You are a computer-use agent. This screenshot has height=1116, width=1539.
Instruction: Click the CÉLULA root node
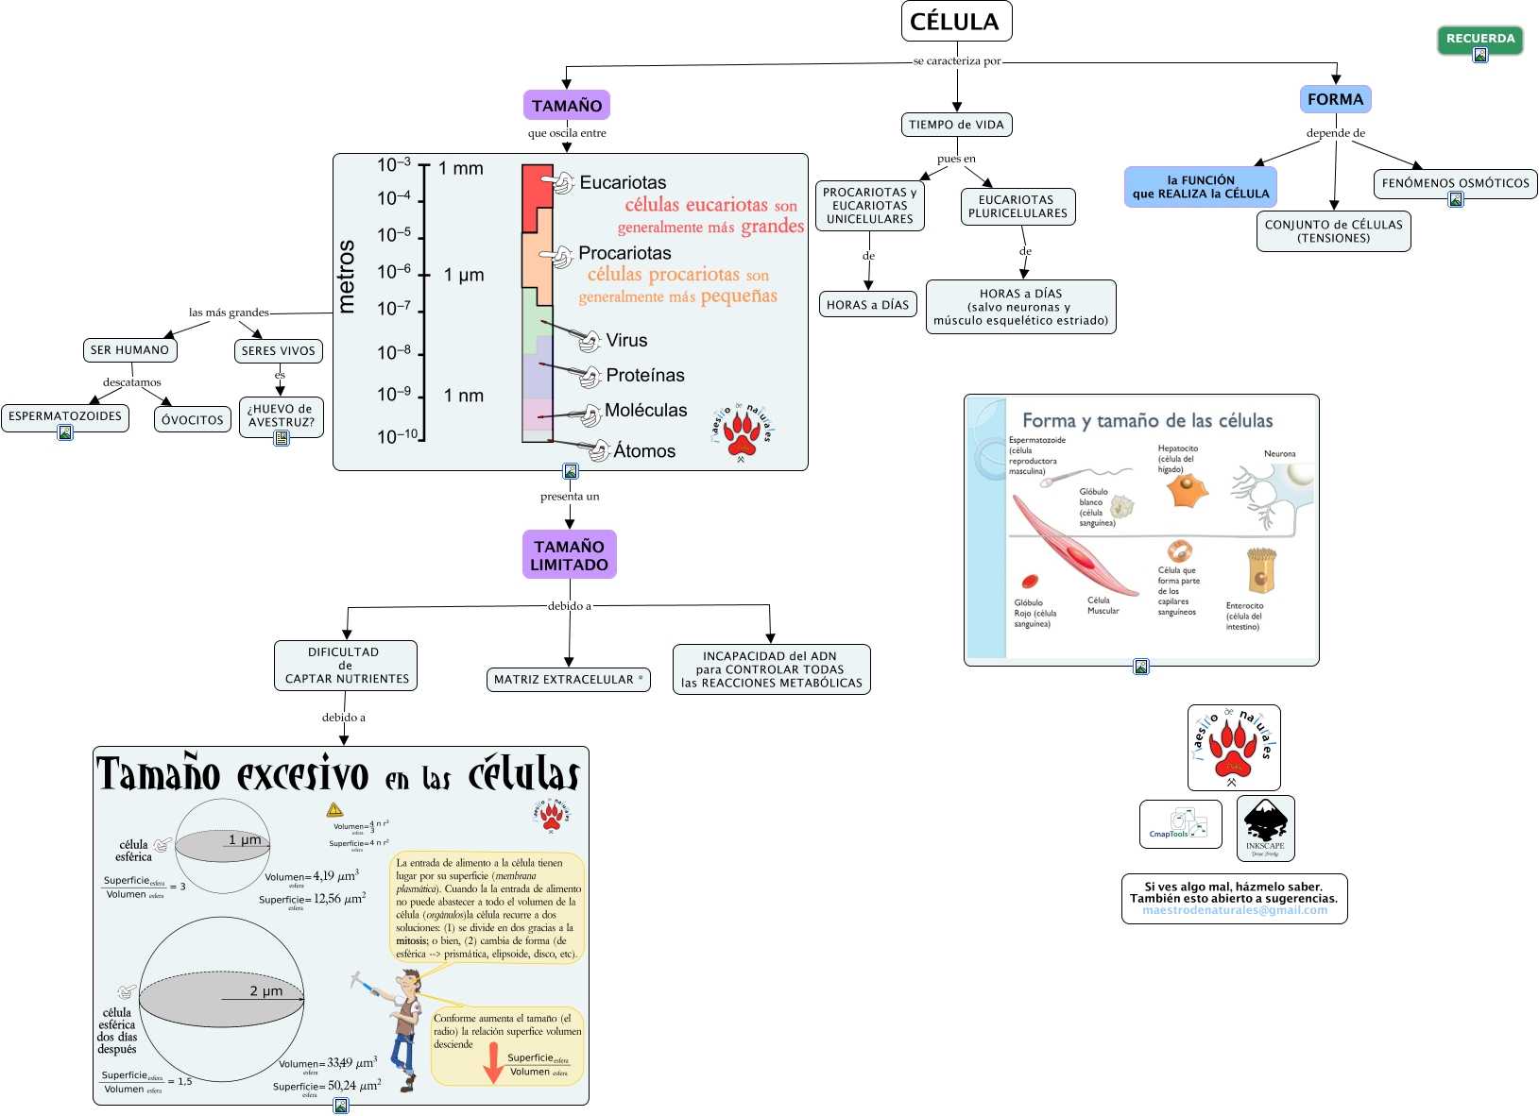(956, 22)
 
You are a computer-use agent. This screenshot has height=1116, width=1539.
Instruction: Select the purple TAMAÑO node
(567, 106)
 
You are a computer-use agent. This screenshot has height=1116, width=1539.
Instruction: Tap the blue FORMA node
(1335, 99)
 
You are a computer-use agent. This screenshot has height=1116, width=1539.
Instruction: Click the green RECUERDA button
(1479, 39)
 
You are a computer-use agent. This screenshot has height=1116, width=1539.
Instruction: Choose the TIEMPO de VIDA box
(956, 125)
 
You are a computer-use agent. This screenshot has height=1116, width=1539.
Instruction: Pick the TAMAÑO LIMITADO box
(569, 555)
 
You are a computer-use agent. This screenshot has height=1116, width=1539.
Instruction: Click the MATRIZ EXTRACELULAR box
(569, 680)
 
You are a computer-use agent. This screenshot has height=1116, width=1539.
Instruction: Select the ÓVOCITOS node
(193, 420)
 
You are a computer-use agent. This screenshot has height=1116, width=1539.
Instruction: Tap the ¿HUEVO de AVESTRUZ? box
(281, 416)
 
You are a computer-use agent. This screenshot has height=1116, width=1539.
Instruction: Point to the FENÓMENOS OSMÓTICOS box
(1455, 183)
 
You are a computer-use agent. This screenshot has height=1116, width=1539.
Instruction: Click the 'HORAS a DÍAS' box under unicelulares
(867, 305)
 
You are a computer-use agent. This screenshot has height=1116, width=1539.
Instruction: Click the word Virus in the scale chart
(626, 341)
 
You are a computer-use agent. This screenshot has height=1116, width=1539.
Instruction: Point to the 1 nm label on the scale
(464, 396)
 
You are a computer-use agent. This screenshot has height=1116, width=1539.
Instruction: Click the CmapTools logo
(1180, 824)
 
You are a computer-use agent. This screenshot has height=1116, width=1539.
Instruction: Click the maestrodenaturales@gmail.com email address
(1234, 910)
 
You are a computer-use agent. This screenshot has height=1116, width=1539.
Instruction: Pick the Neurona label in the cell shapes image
(1279, 454)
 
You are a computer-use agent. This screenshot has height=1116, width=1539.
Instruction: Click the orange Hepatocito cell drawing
(1187, 491)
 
